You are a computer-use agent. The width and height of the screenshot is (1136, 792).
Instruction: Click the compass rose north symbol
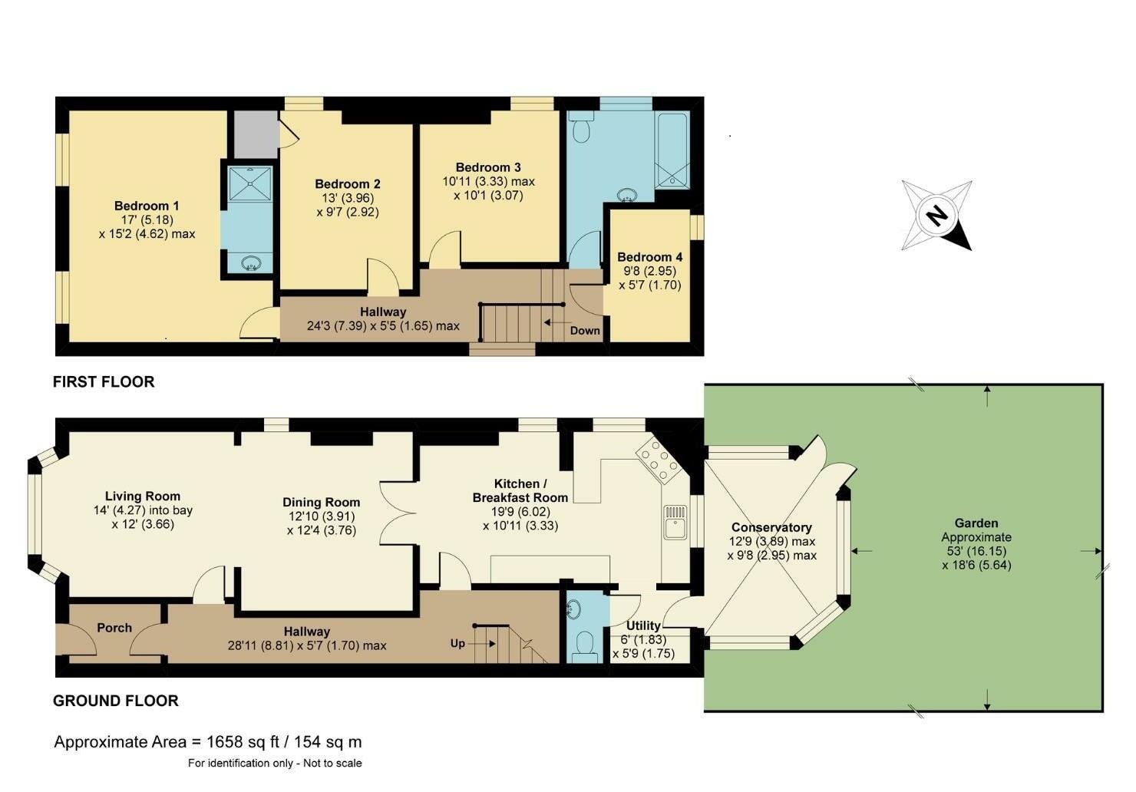click(x=936, y=216)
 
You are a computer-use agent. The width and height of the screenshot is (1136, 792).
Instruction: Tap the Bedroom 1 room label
click(x=147, y=206)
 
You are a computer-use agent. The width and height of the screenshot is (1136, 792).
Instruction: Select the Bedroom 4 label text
click(x=649, y=257)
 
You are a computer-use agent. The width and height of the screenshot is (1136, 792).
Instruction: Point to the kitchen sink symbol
click(x=675, y=523)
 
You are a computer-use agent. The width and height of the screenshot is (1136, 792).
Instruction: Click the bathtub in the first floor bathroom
click(x=672, y=150)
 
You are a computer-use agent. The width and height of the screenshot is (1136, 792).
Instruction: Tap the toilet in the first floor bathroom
click(x=582, y=129)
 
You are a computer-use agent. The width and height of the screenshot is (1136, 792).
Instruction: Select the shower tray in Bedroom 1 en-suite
click(x=249, y=182)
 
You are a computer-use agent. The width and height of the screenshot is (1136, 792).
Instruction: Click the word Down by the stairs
click(x=585, y=331)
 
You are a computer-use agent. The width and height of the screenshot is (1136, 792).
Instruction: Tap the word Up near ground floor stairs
click(x=457, y=643)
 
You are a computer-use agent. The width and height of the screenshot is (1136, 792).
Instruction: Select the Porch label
click(x=114, y=628)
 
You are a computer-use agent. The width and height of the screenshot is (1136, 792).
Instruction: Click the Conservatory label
click(x=771, y=527)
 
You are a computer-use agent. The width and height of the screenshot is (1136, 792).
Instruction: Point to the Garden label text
click(x=976, y=523)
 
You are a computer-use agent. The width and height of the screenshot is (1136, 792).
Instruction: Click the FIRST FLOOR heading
click(x=104, y=381)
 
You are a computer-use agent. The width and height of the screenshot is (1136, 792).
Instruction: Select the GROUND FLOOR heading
click(x=116, y=701)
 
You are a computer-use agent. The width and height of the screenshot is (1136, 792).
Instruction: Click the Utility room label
click(x=643, y=626)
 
